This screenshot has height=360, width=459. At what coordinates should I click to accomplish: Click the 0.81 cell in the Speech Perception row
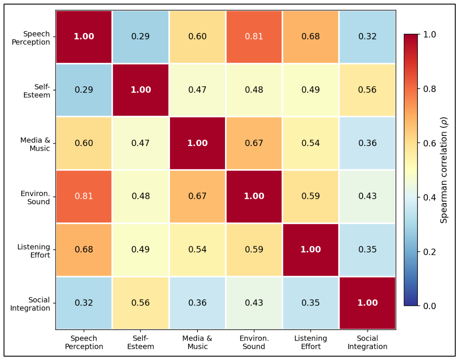click(x=254, y=37)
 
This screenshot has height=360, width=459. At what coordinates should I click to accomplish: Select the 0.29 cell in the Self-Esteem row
click(x=84, y=90)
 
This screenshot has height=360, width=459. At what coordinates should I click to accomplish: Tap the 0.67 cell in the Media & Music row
click(x=254, y=143)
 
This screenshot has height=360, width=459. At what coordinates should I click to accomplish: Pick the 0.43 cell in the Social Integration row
click(x=254, y=303)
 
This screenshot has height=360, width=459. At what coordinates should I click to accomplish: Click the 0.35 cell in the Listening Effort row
click(x=367, y=250)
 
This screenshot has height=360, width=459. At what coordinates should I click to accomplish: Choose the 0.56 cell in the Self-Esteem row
click(x=367, y=90)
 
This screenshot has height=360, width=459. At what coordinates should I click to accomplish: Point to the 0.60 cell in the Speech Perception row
click(x=197, y=37)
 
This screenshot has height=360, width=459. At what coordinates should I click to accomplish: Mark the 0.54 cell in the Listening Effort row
click(x=197, y=250)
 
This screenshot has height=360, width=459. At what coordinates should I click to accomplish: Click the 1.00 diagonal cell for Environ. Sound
click(x=254, y=196)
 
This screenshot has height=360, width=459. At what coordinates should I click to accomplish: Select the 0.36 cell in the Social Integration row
click(x=197, y=303)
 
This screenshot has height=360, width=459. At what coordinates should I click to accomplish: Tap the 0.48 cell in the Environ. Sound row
click(x=140, y=196)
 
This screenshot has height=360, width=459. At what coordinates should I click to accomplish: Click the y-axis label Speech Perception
click(x=31, y=38)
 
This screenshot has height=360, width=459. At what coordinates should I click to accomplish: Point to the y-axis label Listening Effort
click(x=34, y=251)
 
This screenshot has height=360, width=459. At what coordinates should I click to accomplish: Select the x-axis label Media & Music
click(x=197, y=343)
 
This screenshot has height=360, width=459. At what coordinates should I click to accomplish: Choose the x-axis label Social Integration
click(x=367, y=343)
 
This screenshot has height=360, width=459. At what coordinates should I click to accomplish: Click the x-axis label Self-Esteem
click(x=140, y=343)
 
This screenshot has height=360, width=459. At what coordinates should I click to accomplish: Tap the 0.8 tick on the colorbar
click(x=430, y=89)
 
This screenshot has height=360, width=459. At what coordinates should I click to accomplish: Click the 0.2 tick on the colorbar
click(x=430, y=252)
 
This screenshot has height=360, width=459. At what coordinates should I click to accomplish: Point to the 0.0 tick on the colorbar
click(x=430, y=306)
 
